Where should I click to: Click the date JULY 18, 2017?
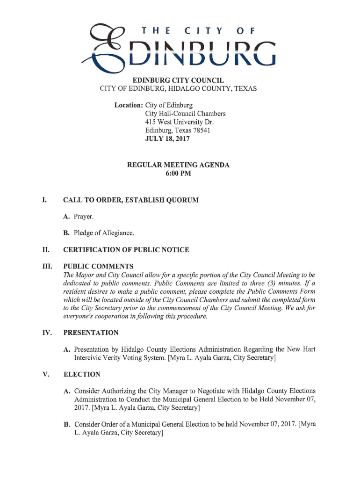click(167, 139)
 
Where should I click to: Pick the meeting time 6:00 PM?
click(178, 174)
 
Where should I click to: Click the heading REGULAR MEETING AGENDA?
click(179, 165)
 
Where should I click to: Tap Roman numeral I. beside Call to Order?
click(44, 200)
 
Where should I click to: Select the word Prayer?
click(84, 217)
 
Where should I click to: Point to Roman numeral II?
click(45, 250)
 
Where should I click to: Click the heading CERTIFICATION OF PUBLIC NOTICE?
click(126, 250)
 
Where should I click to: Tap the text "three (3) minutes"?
click(276, 283)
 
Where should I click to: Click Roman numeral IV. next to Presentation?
click(47, 333)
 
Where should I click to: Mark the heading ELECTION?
click(82, 375)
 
